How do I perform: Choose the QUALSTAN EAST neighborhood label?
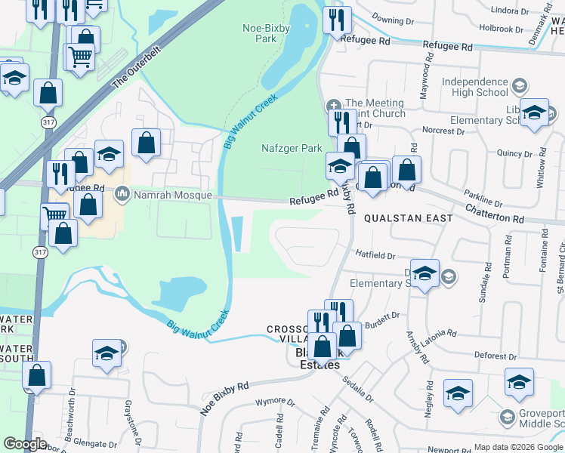tap(409, 218)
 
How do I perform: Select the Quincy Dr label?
tap(514, 153)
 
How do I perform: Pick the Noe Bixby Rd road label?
tap(224, 398)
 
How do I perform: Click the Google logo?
tap(25, 444)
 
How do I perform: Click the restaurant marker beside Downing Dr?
tap(337, 20)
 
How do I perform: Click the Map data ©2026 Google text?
tap(518, 447)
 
